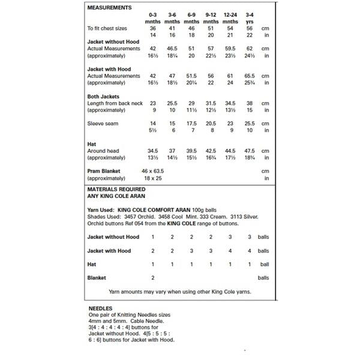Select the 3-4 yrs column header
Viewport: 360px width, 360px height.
click(x=250, y=18)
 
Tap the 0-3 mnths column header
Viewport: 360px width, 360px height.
click(x=154, y=18)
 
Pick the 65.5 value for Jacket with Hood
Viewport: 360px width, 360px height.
click(x=250, y=76)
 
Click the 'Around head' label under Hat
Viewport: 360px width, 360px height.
click(x=104, y=151)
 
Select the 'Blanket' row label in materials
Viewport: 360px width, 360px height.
click(x=97, y=278)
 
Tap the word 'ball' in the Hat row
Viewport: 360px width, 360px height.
click(x=264, y=264)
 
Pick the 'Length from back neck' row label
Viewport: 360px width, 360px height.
click(x=114, y=103)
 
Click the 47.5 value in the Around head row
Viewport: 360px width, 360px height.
click(x=250, y=151)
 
